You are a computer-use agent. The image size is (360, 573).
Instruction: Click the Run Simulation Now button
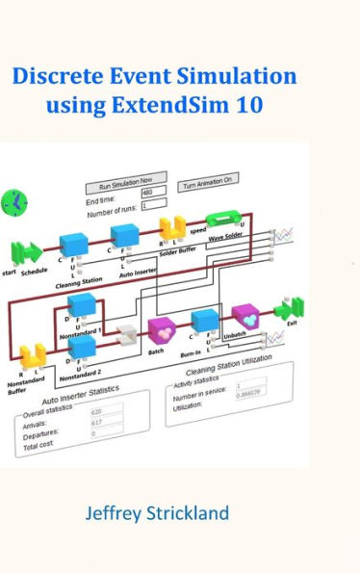point(125,183)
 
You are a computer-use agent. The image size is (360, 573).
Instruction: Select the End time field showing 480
point(153,193)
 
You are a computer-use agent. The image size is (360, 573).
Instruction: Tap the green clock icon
point(15,200)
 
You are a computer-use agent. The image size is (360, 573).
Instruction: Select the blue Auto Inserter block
point(125,237)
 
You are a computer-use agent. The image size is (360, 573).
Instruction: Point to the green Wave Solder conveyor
point(227,222)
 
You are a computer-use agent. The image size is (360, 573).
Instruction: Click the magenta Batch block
point(161,329)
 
